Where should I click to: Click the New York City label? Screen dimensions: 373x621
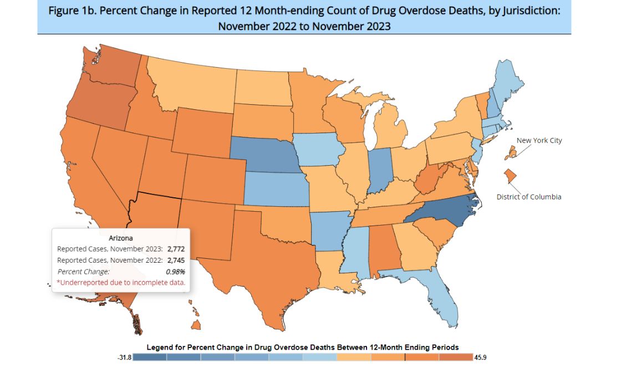(539, 141)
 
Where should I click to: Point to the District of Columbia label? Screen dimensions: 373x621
(528, 197)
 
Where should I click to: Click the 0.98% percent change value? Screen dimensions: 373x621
(175, 272)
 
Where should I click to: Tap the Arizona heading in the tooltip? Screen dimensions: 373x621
(120, 238)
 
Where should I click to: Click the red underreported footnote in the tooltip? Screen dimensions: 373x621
(121, 283)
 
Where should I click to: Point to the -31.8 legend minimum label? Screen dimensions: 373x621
(124, 357)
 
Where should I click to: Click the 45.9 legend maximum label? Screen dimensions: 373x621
(481, 357)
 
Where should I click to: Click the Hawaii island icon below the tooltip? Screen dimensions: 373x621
(196, 324)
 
